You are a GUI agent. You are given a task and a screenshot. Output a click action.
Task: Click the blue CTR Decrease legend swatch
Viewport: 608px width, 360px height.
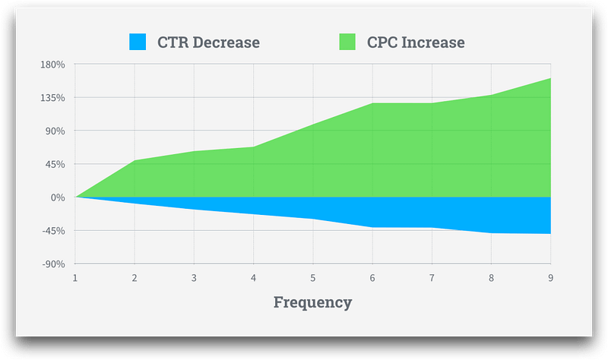click(x=138, y=42)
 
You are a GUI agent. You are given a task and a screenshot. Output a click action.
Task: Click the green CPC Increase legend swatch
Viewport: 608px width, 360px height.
click(x=347, y=42)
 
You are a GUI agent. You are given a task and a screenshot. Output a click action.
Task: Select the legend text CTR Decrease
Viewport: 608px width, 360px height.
click(x=208, y=43)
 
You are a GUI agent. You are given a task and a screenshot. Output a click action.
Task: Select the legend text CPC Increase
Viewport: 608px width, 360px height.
click(x=416, y=43)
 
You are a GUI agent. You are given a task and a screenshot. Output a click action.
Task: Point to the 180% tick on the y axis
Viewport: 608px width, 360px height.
click(x=52, y=65)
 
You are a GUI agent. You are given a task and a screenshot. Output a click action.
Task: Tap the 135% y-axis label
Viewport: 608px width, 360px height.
click(x=52, y=98)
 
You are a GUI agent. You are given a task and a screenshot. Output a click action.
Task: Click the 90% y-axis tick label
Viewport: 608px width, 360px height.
click(x=55, y=131)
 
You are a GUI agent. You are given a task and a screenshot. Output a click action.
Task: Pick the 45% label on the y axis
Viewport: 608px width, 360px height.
click(x=55, y=164)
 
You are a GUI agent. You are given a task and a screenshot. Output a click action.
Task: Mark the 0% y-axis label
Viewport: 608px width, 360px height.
click(x=58, y=197)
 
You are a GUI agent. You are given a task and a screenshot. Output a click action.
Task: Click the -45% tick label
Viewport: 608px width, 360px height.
click(x=53, y=231)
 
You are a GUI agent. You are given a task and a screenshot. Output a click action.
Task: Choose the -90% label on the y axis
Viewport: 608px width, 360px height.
click(x=53, y=264)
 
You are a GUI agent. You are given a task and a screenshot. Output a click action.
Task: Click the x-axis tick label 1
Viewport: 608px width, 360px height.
click(x=74, y=278)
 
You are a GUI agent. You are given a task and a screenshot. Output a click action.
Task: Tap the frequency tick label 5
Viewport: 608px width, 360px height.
click(x=313, y=278)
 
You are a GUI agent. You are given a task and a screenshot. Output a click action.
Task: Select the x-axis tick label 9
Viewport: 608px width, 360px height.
click(x=550, y=278)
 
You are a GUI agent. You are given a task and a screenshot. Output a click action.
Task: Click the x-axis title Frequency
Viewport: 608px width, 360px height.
click(x=313, y=302)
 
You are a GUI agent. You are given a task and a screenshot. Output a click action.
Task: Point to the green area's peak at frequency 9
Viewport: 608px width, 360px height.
click(x=550, y=78)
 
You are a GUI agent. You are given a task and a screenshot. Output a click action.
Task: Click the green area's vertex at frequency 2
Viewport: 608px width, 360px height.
click(x=135, y=160)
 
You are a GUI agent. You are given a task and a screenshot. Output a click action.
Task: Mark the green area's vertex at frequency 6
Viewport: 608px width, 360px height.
click(x=372, y=103)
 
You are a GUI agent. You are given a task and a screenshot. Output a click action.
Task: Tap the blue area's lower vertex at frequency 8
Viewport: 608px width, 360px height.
click(x=491, y=233)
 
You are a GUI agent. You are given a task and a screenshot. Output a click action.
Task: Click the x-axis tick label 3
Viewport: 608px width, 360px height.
click(x=194, y=278)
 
